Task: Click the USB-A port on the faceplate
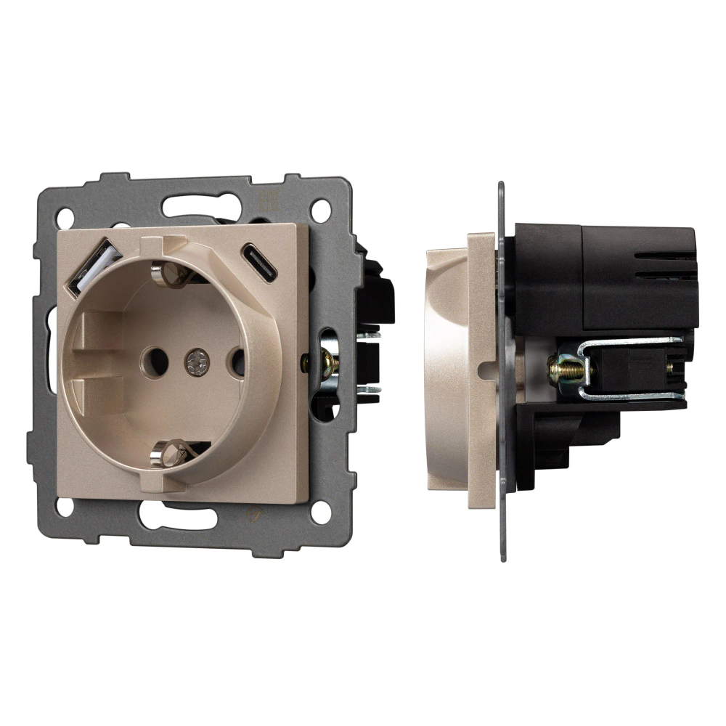pos(94,267)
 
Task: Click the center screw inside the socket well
pos(195,361)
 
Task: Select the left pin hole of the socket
pos(154,359)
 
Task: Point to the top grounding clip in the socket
pos(170,274)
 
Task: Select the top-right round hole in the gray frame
pos(319,210)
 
